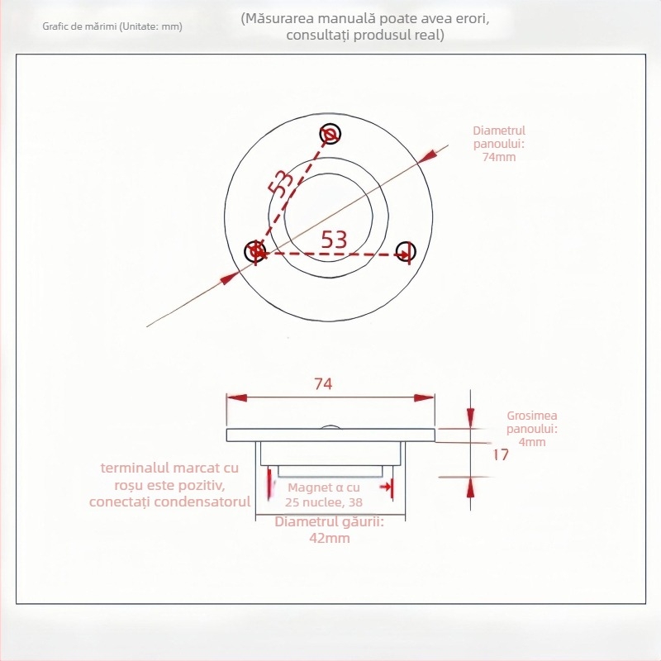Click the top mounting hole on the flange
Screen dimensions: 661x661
coord(330,134)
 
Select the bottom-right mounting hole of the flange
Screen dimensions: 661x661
coord(405,252)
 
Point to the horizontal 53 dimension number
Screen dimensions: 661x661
coord(333,239)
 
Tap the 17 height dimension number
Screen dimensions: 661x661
coord(500,454)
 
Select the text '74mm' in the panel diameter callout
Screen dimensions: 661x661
coord(499,157)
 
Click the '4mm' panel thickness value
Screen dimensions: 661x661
coord(532,442)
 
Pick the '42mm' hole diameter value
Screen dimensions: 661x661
coord(329,538)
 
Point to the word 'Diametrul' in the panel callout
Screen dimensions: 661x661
coord(499,131)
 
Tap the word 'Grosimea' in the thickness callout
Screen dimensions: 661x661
coord(533,417)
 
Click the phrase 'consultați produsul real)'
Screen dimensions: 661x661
coord(364,36)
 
